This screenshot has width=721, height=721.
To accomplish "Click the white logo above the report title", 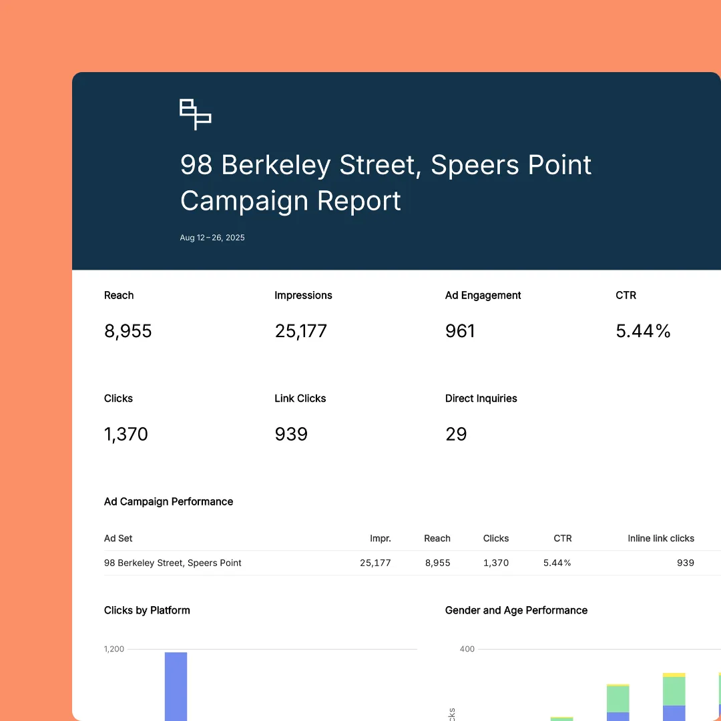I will [x=196, y=114].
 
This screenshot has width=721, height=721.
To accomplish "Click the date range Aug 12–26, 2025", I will [x=212, y=238].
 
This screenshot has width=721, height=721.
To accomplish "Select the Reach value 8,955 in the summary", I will [x=128, y=331].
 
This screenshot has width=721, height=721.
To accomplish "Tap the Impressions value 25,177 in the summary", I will [x=301, y=331].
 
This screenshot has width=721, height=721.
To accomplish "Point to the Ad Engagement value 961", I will [x=460, y=331].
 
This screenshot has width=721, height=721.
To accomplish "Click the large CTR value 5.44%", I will [x=643, y=331].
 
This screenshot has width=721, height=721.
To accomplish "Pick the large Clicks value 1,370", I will [x=126, y=435].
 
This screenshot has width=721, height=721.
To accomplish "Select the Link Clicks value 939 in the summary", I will [x=291, y=435].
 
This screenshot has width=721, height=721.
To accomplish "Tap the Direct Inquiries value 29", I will [x=456, y=435].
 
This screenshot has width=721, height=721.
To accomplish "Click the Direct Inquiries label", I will [x=481, y=399].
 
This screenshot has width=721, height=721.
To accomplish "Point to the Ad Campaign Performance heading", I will [x=169, y=502].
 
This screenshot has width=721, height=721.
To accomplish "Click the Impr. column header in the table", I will [x=381, y=539].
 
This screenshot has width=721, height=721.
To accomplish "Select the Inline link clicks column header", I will [x=661, y=539].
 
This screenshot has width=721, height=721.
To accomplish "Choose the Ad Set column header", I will [x=118, y=539].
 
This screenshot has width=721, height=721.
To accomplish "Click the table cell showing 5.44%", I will [x=557, y=563].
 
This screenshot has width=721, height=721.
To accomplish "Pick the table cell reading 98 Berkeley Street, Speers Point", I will [x=173, y=563].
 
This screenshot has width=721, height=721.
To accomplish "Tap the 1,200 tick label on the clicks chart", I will [x=113, y=649].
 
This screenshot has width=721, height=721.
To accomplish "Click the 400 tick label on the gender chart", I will [x=467, y=649].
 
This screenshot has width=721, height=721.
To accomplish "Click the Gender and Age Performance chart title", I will [x=516, y=610].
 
